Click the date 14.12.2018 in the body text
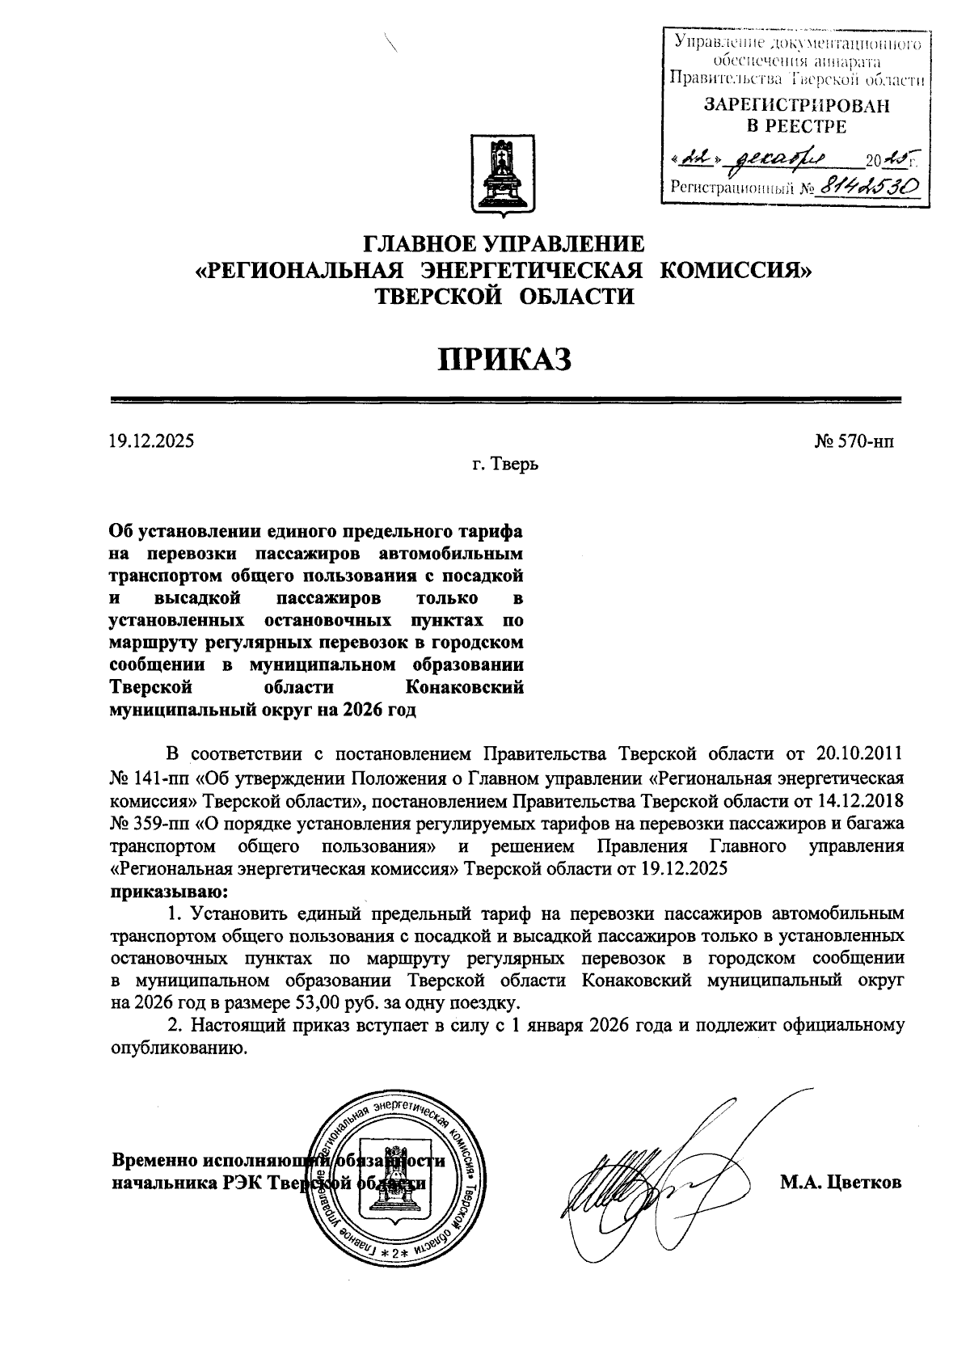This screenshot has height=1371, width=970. tap(862, 800)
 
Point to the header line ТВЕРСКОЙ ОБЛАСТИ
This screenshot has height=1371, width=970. tap(504, 296)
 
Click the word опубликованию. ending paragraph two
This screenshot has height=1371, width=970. tap(176, 1049)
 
